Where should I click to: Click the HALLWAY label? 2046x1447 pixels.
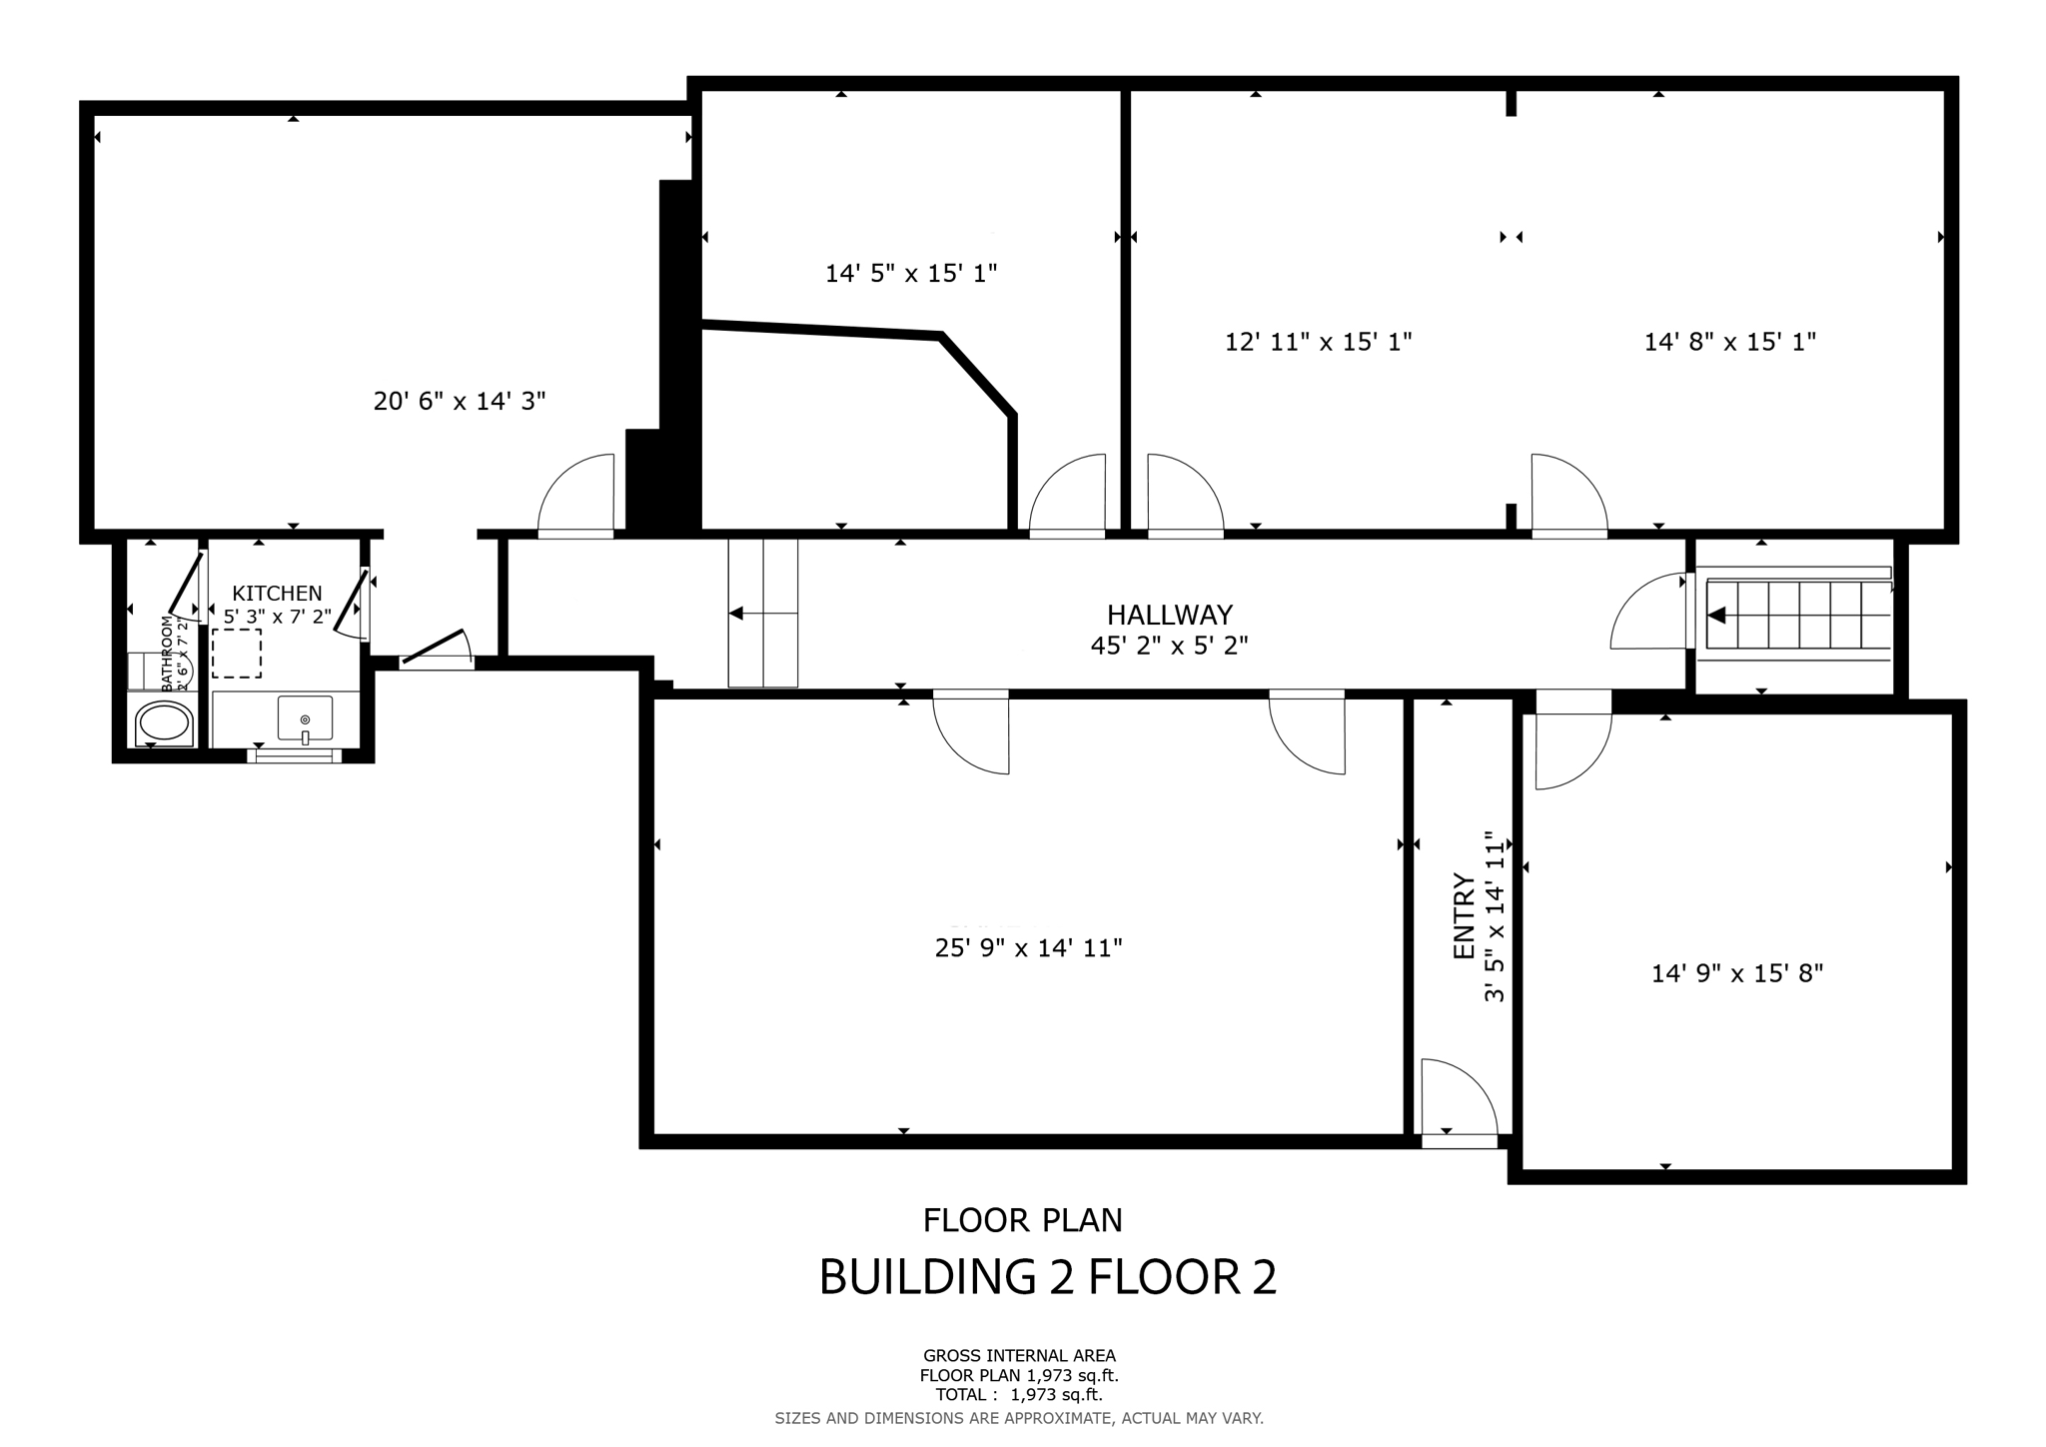coord(1169,615)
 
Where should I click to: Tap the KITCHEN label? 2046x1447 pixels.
coord(277,594)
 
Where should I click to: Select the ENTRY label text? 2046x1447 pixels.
coord(1464,916)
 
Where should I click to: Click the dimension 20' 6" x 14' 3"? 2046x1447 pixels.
coord(460,402)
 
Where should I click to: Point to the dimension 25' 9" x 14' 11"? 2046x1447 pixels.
coord(1028,948)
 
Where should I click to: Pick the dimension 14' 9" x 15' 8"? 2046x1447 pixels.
coord(1737,973)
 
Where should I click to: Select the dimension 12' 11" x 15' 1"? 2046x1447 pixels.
coord(1318,342)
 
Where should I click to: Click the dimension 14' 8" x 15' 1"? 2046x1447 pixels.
coord(1729,342)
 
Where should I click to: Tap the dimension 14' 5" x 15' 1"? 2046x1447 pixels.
coord(911,273)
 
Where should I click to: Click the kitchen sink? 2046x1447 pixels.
coord(305,719)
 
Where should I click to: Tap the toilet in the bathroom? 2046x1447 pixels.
coord(164,723)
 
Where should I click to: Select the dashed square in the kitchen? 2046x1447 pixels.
coord(237,654)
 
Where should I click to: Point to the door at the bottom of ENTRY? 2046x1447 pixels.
coord(1459,1099)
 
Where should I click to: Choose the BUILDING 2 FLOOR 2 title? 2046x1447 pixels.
coord(1047,1278)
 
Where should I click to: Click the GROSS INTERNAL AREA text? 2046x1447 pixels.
coord(1019,1356)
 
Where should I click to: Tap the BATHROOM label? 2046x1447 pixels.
coord(167,654)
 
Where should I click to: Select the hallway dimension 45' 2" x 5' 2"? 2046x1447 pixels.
coord(1169,647)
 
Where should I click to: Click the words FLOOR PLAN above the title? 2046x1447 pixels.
coord(1022,1220)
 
